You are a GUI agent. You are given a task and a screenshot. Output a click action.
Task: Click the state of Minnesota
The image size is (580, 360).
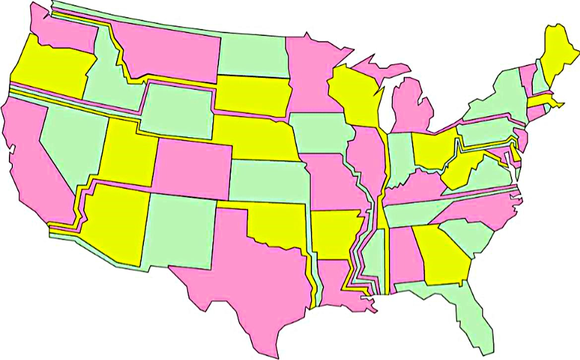coord(310,74)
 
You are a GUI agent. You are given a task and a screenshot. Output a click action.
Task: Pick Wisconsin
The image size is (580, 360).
coord(355,94)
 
